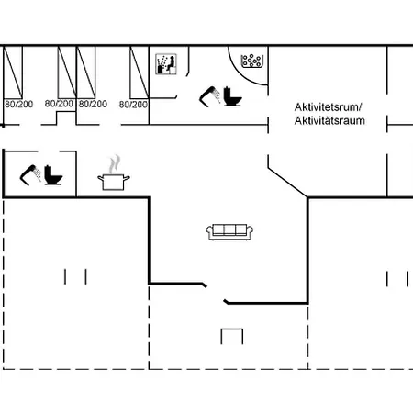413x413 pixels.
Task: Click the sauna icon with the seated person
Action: (166, 64)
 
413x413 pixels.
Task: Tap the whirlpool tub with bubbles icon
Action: (252, 61)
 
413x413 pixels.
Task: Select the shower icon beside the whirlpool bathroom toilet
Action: (210, 96)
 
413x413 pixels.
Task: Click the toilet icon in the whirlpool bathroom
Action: (232, 96)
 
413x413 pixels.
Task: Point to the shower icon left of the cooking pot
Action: (30, 175)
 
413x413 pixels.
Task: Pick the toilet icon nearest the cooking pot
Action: (53, 175)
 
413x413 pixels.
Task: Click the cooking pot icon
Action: (114, 182)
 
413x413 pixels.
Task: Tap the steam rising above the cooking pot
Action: (115, 163)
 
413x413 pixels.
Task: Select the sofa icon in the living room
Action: (229, 232)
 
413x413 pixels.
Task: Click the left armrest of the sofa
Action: (209, 231)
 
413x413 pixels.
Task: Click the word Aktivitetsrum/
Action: (328, 107)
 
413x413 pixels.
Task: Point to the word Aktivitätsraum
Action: (329, 120)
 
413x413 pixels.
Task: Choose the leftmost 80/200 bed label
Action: (18, 104)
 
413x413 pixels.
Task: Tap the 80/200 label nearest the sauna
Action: (133, 105)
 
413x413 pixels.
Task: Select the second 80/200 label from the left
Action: (59, 104)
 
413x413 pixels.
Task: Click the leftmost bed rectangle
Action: (13, 73)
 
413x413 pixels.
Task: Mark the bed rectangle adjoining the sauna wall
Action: (140, 73)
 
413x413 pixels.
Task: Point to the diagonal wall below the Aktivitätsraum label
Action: (287, 182)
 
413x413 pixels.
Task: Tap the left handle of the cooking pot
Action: (100, 177)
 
